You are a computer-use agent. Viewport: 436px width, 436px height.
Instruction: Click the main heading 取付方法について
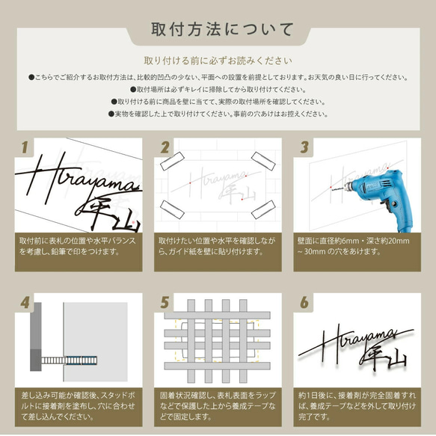pyautogui.click(x=218, y=30)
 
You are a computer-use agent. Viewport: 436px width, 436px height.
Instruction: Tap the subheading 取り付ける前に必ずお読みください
pyautogui.click(x=218, y=61)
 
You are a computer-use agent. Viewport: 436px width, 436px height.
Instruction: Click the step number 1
pyautogui.click(x=25, y=147)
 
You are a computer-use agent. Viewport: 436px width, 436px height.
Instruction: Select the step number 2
pyautogui.click(x=165, y=147)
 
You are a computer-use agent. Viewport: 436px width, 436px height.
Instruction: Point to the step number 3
pyautogui.click(x=304, y=147)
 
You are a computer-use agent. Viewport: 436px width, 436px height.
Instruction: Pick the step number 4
pyautogui.click(x=25, y=303)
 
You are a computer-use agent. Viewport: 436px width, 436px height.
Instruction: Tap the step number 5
pyautogui.click(x=165, y=303)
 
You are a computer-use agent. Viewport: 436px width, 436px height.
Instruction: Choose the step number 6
pyautogui.click(x=304, y=303)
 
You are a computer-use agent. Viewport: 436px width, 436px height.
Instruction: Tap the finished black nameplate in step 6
pyautogui.click(x=359, y=348)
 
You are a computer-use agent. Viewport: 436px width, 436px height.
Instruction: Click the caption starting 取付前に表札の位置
pyautogui.click(x=77, y=248)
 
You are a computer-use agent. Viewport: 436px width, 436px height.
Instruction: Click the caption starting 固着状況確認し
pyautogui.click(x=218, y=405)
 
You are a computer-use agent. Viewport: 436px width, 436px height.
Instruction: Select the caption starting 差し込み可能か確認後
pyautogui.click(x=77, y=405)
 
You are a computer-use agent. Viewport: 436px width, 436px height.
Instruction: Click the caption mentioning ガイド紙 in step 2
pyautogui.click(x=218, y=248)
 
